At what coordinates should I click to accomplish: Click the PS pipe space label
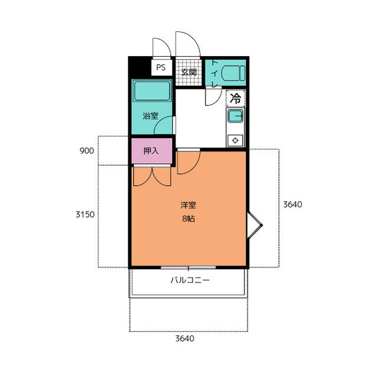point(161,67)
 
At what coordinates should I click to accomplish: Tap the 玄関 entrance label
point(189,72)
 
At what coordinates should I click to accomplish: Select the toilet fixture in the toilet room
point(233,73)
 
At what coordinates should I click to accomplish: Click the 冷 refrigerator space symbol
point(236,98)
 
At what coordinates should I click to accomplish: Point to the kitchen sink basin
point(235,116)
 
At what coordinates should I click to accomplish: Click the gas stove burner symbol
point(235,140)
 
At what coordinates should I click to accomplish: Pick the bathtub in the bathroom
point(152,91)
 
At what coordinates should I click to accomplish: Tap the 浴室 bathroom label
point(151,116)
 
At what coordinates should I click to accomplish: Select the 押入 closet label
point(151,151)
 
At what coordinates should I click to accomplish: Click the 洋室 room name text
point(188,205)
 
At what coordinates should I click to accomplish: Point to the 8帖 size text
point(188,219)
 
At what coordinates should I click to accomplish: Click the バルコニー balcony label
point(190,280)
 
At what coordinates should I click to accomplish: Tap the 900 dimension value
point(87,151)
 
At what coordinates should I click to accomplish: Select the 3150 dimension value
point(85,214)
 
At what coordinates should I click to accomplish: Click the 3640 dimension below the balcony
point(185,338)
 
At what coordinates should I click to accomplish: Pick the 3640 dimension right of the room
point(292,205)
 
